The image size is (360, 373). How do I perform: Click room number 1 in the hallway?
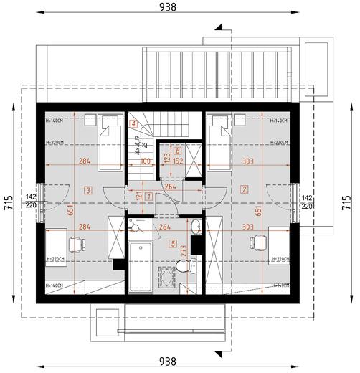(148, 196)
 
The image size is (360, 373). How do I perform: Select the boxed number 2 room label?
(245, 189)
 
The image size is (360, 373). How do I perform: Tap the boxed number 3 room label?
(87, 189)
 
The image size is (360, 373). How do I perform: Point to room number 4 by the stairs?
(134, 124)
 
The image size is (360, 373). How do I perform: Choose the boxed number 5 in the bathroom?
(173, 243)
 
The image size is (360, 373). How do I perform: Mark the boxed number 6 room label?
(176, 151)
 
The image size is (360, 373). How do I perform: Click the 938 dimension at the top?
(169, 7)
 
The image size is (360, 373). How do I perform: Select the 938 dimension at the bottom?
(169, 362)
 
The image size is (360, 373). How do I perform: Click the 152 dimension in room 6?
(178, 162)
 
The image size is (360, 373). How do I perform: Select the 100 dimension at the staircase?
(146, 162)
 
